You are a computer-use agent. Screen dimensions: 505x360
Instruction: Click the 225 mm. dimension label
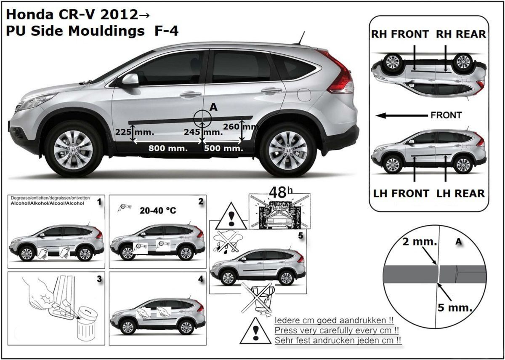pos(135,132)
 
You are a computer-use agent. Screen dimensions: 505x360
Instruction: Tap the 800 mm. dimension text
pos(168,148)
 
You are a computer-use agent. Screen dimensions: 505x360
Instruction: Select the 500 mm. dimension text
pos(223,148)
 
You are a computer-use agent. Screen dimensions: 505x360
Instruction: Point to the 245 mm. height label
pos(203,132)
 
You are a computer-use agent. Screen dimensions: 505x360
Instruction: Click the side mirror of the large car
pos(130,80)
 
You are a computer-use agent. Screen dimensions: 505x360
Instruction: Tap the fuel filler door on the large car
pos(304,95)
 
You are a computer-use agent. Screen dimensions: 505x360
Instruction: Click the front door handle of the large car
pos(191,94)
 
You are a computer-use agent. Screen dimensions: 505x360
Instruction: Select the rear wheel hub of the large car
pos(288,150)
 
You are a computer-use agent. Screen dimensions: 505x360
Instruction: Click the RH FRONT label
pos(400,34)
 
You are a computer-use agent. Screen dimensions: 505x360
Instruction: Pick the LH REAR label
pos(460,194)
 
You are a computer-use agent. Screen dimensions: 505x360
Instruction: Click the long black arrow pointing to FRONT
pos(402,116)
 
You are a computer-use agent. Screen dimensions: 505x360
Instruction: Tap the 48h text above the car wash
pos(281,192)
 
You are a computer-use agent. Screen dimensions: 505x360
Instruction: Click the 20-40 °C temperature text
pos(158,211)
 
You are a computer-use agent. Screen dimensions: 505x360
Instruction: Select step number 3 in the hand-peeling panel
pos(99,279)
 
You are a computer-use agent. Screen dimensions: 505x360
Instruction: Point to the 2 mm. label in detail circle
pos(420,242)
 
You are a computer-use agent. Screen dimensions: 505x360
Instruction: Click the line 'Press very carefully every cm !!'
pos(337,331)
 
